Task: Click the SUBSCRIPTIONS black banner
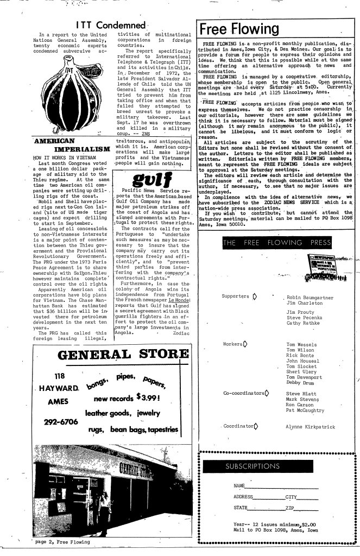(252, 466)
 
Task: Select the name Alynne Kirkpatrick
(310, 427)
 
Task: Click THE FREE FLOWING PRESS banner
(277, 242)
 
